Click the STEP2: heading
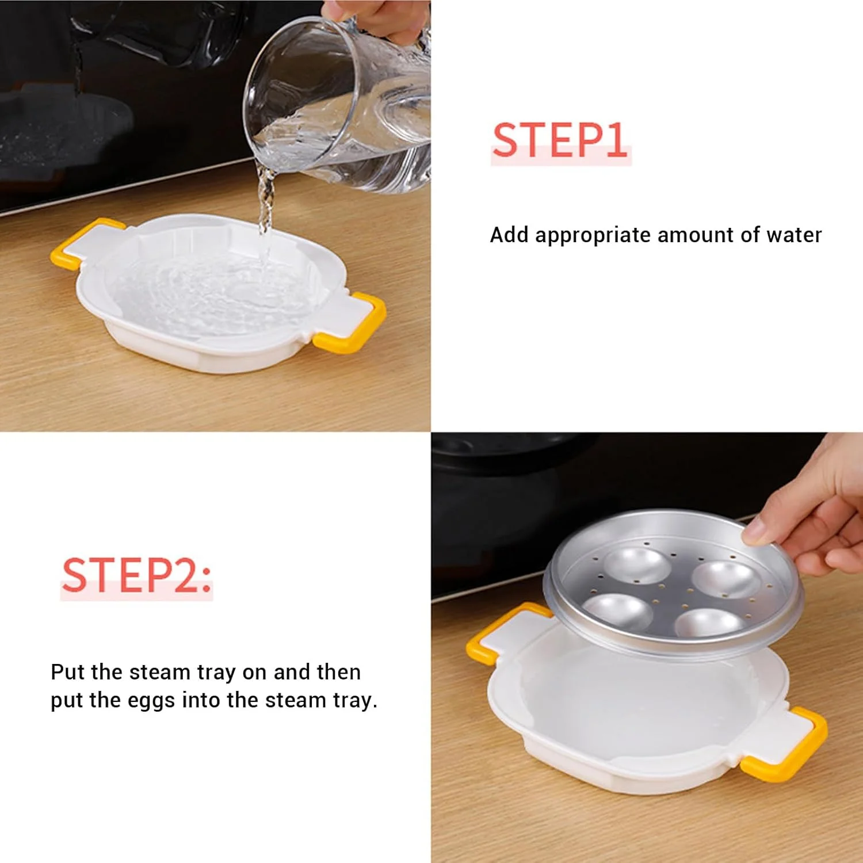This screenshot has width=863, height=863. point(136,575)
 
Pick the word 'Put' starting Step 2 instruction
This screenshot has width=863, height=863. point(68,671)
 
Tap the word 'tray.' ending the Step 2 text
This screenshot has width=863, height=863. point(355,701)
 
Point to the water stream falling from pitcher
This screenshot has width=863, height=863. point(265,198)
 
